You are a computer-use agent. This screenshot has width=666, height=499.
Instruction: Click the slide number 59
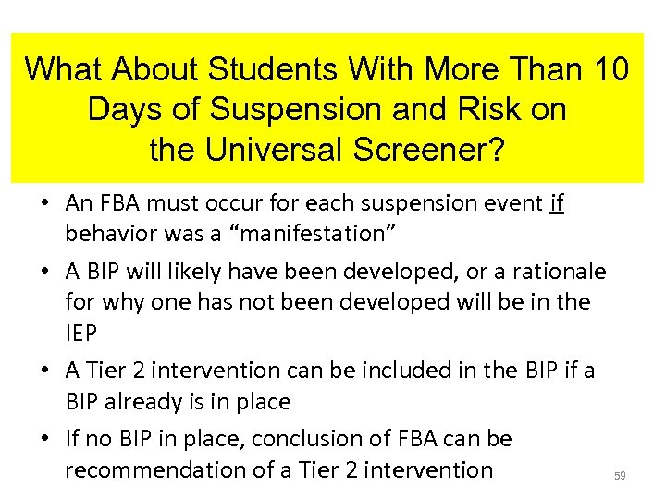coord(621,476)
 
